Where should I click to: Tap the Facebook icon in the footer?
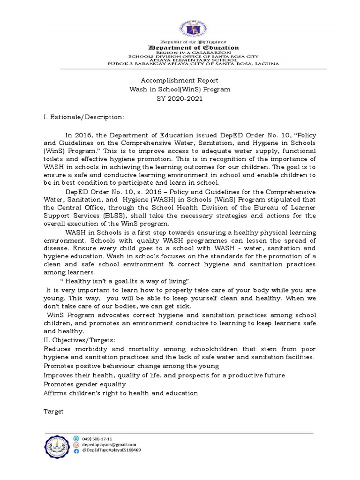[x=76, y=450]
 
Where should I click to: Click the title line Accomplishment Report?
[x=180, y=81]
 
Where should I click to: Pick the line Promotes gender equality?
[x=85, y=384]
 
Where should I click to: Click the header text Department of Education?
[x=194, y=48]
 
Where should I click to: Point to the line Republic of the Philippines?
[x=194, y=42]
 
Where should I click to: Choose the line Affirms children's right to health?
[x=120, y=393]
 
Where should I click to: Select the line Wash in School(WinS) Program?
[x=180, y=89]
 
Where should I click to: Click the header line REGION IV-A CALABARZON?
[x=194, y=52]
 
